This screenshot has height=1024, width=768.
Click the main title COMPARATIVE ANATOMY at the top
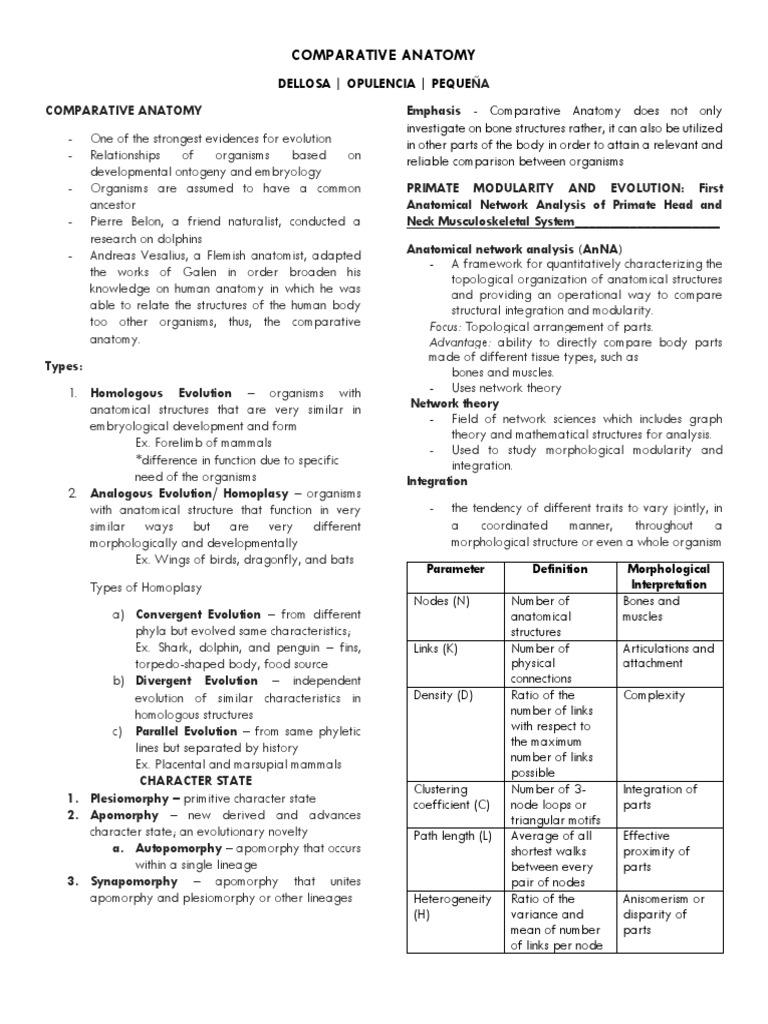coord(384,55)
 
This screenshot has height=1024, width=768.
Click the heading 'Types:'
coord(63,367)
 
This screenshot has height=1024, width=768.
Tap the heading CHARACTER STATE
coord(196,780)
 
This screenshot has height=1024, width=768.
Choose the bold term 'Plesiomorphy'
coord(135,798)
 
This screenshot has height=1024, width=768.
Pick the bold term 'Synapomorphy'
coord(134,881)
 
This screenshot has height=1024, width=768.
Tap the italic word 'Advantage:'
coord(459,342)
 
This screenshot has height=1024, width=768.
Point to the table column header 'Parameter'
coord(455,569)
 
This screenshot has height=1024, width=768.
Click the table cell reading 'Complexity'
coord(653,695)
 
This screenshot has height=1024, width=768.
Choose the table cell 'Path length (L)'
coord(452,836)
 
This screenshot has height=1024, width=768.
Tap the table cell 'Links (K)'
coord(435,648)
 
